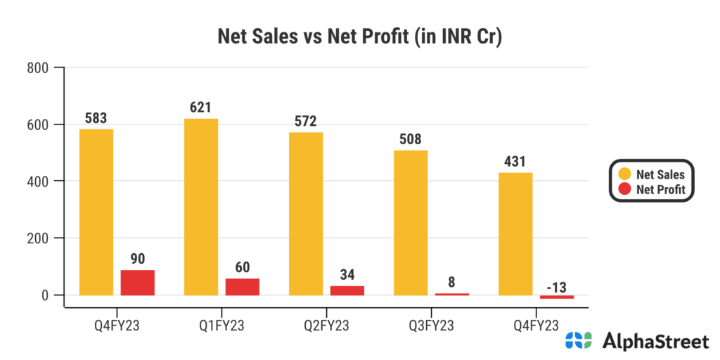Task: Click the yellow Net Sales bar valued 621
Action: click(201, 207)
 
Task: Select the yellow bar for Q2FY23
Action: click(306, 214)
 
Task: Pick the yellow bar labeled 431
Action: click(515, 233)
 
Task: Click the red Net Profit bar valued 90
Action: click(138, 283)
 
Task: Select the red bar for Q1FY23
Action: click(243, 287)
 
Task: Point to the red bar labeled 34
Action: click(347, 290)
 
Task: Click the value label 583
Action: click(96, 118)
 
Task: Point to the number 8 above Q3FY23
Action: click(451, 283)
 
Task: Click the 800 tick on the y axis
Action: click(37, 68)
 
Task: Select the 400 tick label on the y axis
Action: click(37, 181)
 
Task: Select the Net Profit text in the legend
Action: click(660, 190)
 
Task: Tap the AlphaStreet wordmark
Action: click(656, 342)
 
